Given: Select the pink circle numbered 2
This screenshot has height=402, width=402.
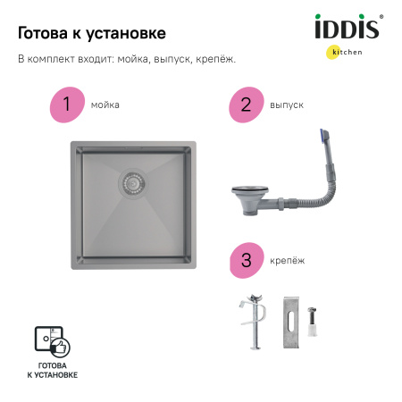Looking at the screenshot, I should (x=245, y=105).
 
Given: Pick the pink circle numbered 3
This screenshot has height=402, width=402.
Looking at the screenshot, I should (x=245, y=260).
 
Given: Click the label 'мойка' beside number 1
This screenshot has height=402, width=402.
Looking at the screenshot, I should (x=105, y=105).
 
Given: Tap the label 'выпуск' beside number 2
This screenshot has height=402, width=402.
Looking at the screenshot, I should (x=286, y=105).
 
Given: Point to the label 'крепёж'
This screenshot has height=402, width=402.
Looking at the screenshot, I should (x=286, y=260).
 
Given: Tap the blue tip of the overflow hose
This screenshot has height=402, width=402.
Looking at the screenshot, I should (x=322, y=136).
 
